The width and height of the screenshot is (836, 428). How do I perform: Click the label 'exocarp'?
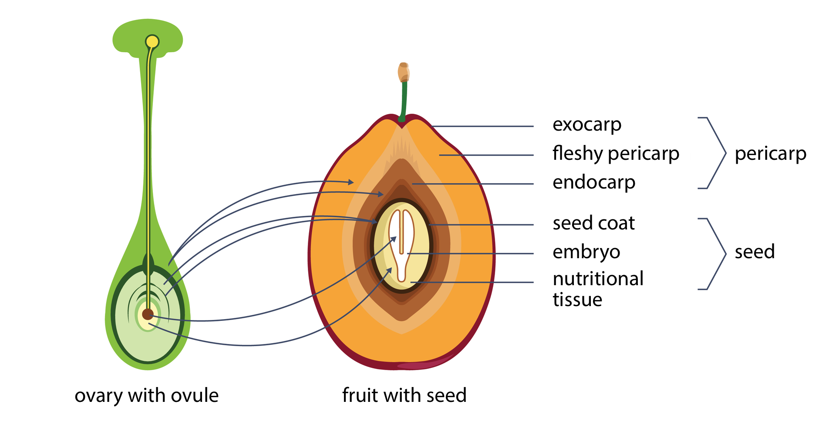587,125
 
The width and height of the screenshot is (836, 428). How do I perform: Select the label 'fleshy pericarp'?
615,154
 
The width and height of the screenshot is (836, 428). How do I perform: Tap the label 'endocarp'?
593,183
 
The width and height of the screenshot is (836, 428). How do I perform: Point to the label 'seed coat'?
593,223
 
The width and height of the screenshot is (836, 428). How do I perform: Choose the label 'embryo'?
586,253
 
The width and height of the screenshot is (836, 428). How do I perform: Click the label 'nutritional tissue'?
598,289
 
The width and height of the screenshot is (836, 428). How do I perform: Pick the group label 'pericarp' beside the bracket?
770,154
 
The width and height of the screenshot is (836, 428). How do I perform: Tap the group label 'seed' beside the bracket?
755,252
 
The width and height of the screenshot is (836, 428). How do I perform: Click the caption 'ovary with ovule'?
146,396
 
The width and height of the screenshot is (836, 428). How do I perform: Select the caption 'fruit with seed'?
404,395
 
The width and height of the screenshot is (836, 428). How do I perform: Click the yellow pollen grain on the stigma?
152,42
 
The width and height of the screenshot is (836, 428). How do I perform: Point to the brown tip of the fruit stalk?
404,72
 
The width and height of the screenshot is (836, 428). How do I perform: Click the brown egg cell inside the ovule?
148,314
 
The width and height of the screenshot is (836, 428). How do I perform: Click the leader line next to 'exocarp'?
483,126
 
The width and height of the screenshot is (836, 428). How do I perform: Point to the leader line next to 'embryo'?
470,253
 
